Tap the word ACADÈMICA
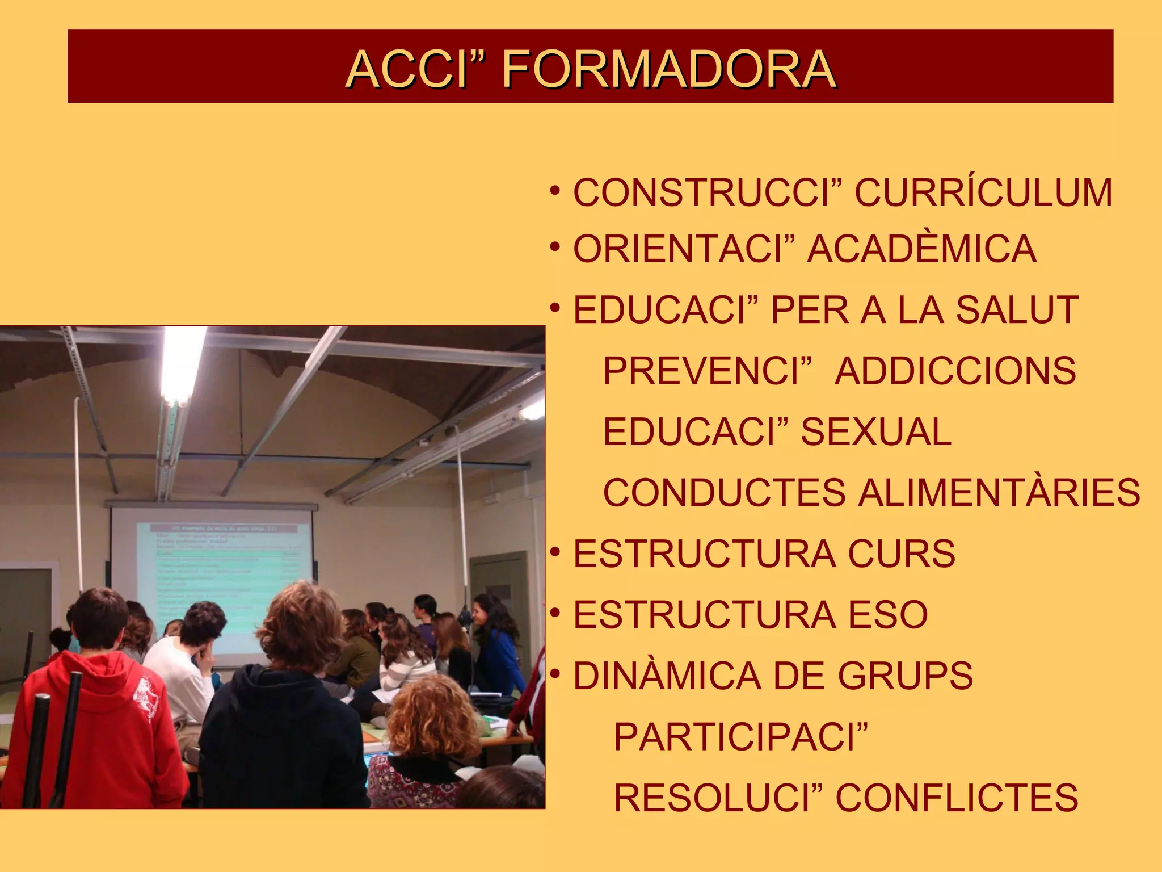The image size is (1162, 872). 921,249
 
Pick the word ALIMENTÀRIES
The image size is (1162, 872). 999,493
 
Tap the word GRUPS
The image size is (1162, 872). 905,676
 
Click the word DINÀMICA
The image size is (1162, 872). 667,676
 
